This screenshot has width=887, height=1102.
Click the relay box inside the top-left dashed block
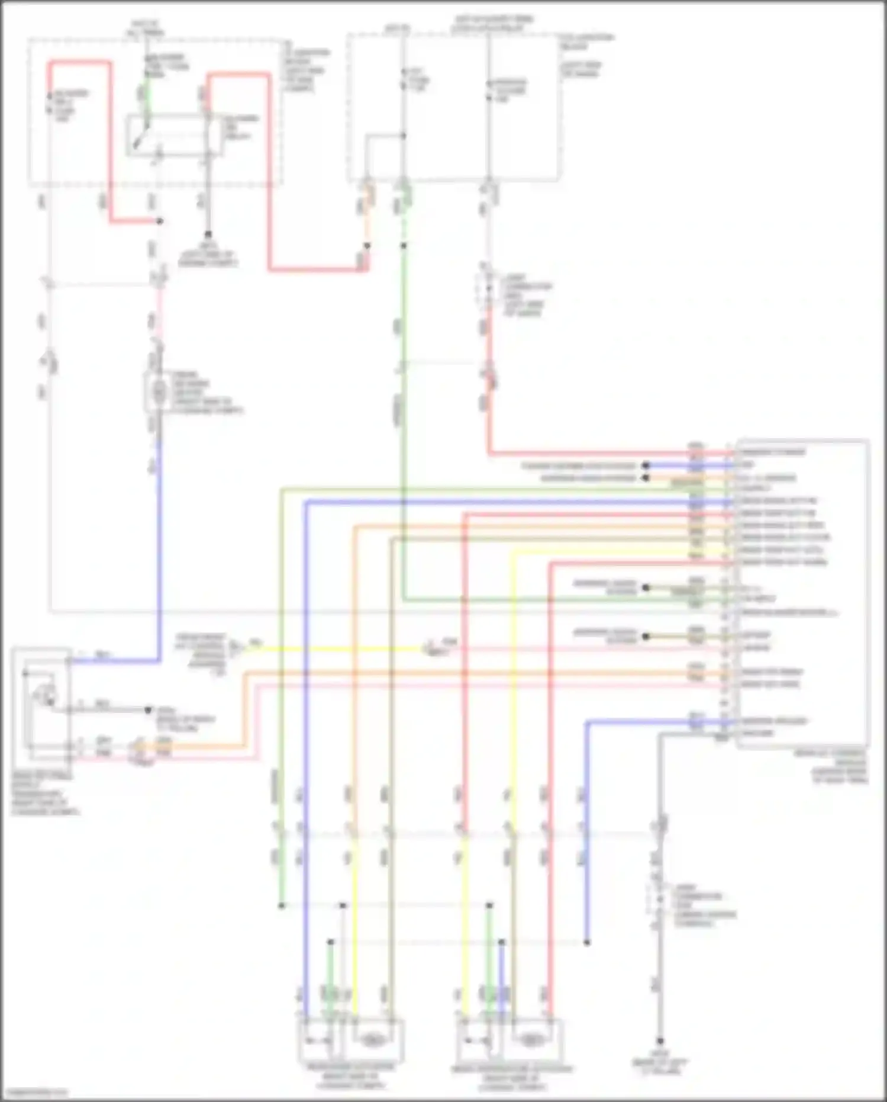(175, 136)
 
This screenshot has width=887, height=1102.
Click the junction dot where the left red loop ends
(160, 221)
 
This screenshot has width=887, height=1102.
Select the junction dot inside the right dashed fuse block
(404, 136)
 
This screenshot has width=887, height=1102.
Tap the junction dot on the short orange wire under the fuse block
(367, 245)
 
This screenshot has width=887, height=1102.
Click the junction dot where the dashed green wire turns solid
(404, 245)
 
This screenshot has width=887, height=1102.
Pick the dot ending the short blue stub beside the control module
(646, 466)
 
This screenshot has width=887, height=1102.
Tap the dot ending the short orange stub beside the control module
(646, 478)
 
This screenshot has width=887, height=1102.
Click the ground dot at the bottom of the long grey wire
(660, 1041)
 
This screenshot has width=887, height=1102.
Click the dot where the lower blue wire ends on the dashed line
(587, 942)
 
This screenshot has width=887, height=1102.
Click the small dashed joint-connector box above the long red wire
(488, 290)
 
